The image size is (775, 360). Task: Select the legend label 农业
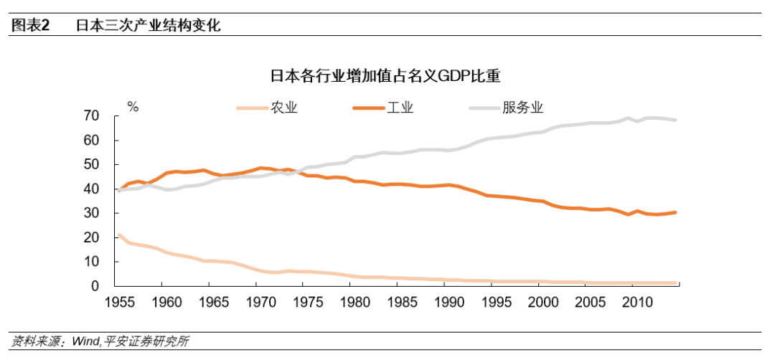tap(284, 108)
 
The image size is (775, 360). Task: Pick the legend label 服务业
tap(523, 108)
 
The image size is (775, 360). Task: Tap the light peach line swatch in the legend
tap(252, 108)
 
